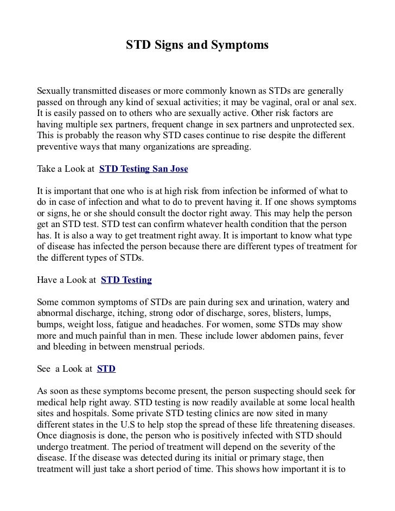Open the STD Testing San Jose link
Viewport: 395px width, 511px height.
click(x=144, y=169)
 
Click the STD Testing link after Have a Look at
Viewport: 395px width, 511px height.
click(x=126, y=280)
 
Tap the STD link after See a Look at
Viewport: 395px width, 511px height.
click(x=106, y=369)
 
